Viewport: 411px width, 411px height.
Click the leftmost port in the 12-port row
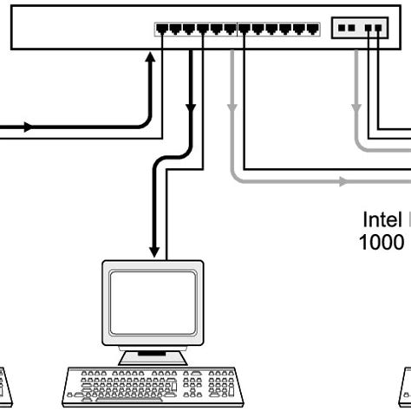pyautogui.click(x=162, y=29)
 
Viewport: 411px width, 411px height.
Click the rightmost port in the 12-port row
pyautogui.click(x=313, y=29)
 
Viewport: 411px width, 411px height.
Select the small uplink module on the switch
pyautogui.click(x=359, y=29)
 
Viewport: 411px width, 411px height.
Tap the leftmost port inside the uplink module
pyautogui.click(x=341, y=29)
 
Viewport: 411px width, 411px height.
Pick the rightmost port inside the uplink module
pyautogui.click(x=378, y=29)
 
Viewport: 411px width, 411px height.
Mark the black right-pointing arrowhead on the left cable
pyautogui.click(x=29, y=127)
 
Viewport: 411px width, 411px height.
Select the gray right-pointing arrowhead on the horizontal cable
pyautogui.click(x=344, y=182)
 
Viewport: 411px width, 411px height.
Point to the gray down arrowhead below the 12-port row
pyautogui.click(x=232, y=108)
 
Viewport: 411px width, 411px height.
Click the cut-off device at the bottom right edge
pyautogui.click(x=406, y=386)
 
